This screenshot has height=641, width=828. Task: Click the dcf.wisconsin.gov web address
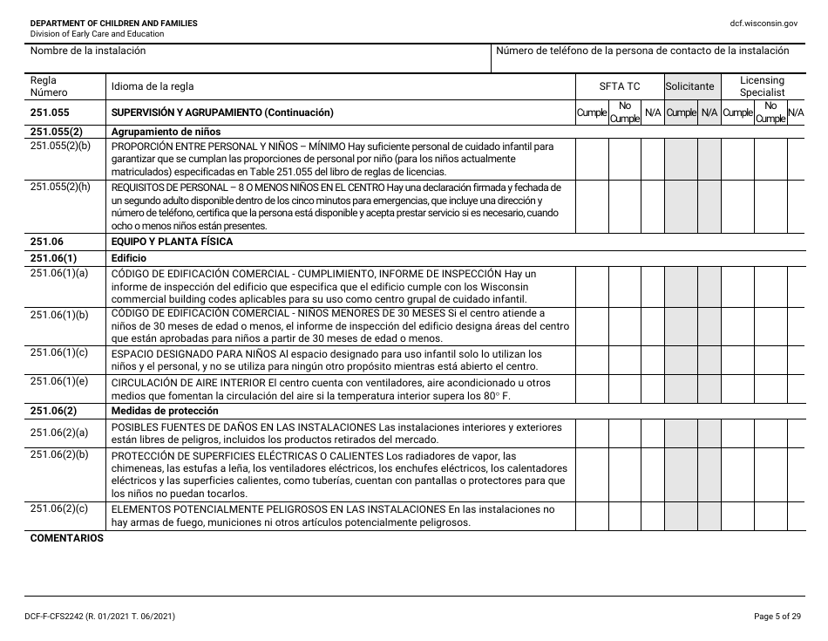pyautogui.click(x=764, y=23)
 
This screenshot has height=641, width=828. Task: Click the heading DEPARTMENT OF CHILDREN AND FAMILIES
pyautogui.click(x=113, y=23)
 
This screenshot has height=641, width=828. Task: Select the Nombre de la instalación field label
pyautogui.click(x=88, y=51)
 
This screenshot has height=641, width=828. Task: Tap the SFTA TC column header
pyautogui.click(x=619, y=86)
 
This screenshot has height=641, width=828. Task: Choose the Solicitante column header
pyautogui.click(x=690, y=86)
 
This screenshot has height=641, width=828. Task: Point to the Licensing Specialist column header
pyautogui.click(x=762, y=85)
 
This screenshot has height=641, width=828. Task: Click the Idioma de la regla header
pyautogui.click(x=153, y=86)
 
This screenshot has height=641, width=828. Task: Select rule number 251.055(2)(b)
pyautogui.click(x=60, y=146)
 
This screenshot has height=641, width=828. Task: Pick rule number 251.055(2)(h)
pyautogui.click(x=60, y=187)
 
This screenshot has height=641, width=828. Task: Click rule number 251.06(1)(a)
pyautogui.click(x=59, y=274)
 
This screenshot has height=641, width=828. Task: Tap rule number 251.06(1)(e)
pyautogui.click(x=59, y=381)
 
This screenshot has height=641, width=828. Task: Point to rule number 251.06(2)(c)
pyautogui.click(x=59, y=508)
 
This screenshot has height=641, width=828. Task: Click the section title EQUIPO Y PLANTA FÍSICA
pyautogui.click(x=172, y=242)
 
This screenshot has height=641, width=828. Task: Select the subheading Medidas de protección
pyautogui.click(x=165, y=411)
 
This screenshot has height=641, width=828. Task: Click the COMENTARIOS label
pyautogui.click(x=67, y=538)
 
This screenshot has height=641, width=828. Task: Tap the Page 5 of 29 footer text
pyautogui.click(x=777, y=617)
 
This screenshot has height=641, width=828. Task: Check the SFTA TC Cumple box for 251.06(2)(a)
pyautogui.click(x=592, y=433)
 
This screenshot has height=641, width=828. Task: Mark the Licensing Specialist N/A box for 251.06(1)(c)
pyautogui.click(x=796, y=360)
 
